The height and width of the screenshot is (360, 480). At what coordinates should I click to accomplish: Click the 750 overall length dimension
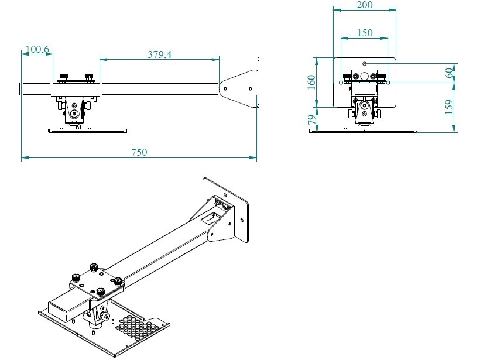click(139, 152)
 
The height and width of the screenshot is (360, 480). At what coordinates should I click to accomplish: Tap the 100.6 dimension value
click(37, 50)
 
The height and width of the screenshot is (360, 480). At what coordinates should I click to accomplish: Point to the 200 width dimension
click(364, 5)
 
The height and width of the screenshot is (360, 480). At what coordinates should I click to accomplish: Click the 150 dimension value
click(364, 33)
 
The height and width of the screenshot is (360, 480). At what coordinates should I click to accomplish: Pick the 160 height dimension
click(312, 82)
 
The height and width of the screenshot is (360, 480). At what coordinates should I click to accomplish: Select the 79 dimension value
click(312, 119)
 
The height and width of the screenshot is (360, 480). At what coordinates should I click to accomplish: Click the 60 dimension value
click(449, 73)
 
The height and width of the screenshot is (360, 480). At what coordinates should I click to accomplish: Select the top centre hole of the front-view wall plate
click(365, 63)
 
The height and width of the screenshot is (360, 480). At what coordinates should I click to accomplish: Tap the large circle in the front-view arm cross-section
click(365, 76)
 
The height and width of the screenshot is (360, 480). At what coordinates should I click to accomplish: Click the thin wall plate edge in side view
click(258, 83)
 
